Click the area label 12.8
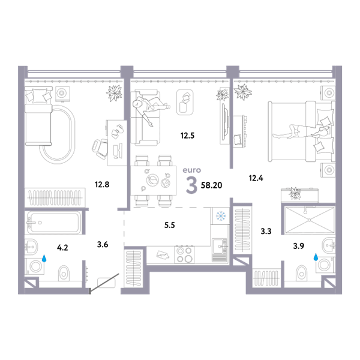[102, 184]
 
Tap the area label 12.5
[187, 136]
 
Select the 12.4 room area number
[256, 178]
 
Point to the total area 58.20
[211, 185]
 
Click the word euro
[192, 170]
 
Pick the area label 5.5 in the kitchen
[169, 225]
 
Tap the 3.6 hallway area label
[103, 245]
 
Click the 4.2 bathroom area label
[62, 248]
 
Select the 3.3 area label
[266, 231]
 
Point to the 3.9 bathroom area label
[298, 246]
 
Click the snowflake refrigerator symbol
[221, 216]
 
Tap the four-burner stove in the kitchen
[184, 254]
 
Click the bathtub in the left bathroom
[53, 223]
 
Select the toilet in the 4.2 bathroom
[64, 273]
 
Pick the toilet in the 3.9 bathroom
[301, 273]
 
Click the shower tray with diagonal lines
[309, 220]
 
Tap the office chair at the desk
[100, 149]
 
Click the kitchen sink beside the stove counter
[220, 246]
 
